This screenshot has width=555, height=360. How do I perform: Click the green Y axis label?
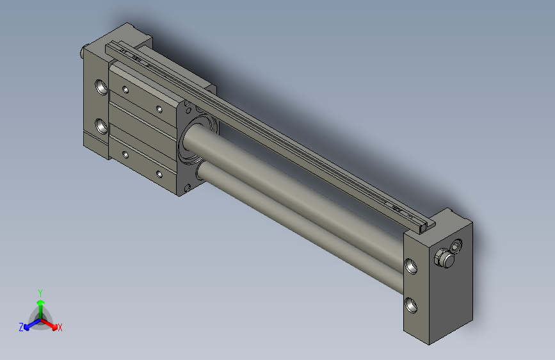point(40,292)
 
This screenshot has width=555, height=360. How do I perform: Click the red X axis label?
point(60,327)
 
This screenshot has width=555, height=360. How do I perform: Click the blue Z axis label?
point(20,327)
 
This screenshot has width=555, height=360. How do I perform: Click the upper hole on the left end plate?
point(100,86)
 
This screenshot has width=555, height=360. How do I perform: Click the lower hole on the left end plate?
point(100,125)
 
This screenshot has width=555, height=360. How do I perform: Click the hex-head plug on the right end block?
point(444,258)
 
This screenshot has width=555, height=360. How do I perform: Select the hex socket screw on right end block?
point(456,246)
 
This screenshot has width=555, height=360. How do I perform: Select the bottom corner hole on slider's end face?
point(188,187)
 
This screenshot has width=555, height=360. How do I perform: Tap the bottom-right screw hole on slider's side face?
point(159,173)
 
